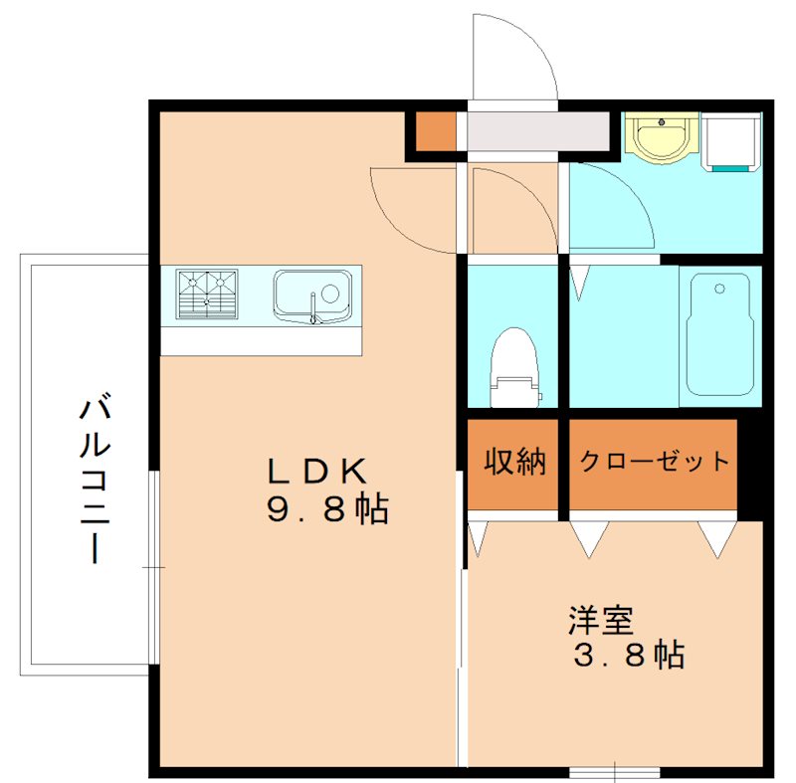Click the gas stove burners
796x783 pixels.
click(208, 294)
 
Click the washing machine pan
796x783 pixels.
click(731, 140)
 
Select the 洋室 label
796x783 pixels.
click(600, 621)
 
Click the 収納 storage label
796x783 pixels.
click(514, 463)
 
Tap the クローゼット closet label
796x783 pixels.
click(654, 462)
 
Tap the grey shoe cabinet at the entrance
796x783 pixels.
click(538, 130)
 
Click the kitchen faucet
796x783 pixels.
click(314, 308)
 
